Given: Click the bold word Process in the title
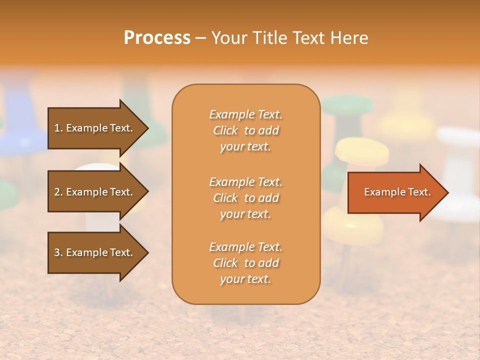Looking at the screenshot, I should coord(157,38).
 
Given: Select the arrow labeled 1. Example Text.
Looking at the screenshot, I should coord(95,128).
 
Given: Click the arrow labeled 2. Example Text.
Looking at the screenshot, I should coord(95,192).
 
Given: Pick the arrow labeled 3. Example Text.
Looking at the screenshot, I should coord(95,252).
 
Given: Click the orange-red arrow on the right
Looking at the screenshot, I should coord(395,192).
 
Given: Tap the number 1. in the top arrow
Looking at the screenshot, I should coord(58,128).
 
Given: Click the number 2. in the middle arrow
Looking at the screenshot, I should coord(58,192).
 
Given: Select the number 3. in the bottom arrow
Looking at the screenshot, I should coord(58,252).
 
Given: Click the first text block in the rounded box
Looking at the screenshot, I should coord(245,130).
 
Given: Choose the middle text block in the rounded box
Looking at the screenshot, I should coord(245,198).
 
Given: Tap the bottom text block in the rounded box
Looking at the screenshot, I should coord(245,263).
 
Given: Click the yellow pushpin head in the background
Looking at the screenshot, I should coord(362,151).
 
